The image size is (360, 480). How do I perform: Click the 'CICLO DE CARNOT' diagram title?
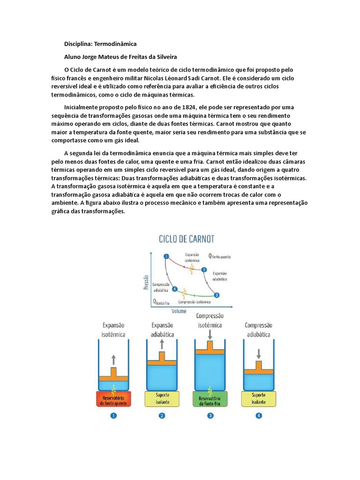pos(187,239)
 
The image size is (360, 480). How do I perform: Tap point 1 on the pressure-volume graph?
pos(166,256)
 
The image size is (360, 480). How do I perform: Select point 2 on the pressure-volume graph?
pos(204,270)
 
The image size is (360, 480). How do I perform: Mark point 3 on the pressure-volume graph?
pos(216,295)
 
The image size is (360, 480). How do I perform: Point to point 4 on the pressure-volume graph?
pos(175,289)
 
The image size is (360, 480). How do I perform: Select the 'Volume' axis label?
pos(179,311)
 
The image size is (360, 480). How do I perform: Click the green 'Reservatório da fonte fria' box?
pos(210,399)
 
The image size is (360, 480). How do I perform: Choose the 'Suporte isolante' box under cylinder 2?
pos(162,399)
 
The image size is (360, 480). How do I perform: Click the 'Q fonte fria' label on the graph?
pos(162,302)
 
